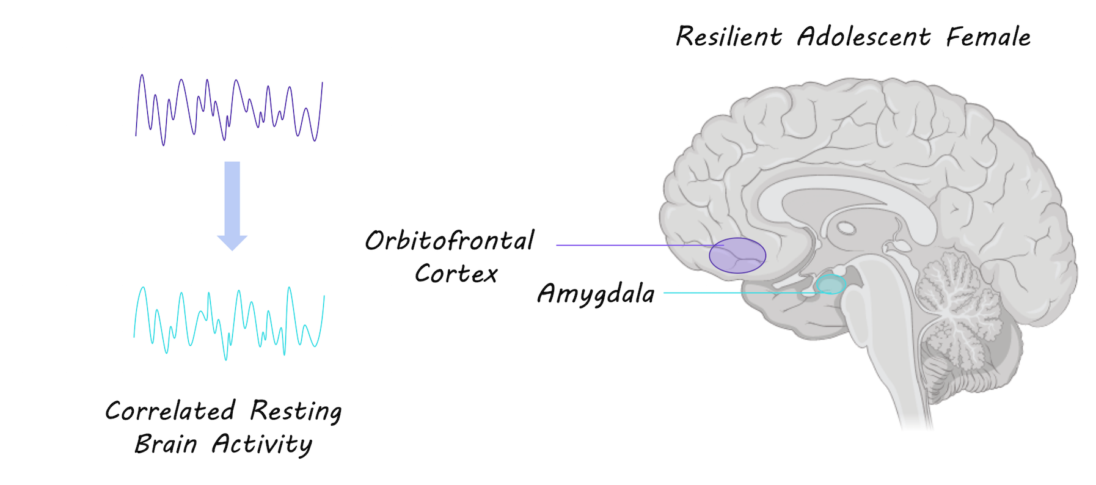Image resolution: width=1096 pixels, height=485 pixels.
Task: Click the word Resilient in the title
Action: [x=728, y=37]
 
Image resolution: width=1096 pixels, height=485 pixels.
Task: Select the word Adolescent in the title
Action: [x=863, y=37]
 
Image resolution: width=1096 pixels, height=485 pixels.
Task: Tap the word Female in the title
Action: [x=988, y=37]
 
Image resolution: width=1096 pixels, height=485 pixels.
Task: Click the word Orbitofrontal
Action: [x=449, y=241]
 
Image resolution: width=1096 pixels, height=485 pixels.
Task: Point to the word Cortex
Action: [x=456, y=274]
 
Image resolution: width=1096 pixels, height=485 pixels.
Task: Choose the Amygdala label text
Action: [x=596, y=294]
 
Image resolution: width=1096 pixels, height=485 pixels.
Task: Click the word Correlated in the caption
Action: [x=170, y=410]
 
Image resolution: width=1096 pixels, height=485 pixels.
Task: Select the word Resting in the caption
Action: [x=296, y=411]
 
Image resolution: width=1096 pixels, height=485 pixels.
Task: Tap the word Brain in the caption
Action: [x=166, y=443]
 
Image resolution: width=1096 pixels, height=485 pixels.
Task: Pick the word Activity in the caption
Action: [x=261, y=444]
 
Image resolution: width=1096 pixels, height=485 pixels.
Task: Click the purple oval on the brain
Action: [x=737, y=255]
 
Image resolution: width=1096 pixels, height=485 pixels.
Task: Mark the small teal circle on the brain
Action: [x=831, y=285]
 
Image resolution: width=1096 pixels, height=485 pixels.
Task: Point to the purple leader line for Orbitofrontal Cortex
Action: [x=629, y=245]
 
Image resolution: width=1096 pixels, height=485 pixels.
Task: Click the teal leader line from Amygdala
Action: [x=733, y=293]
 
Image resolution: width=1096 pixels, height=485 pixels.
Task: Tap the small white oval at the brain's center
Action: [x=846, y=228]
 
